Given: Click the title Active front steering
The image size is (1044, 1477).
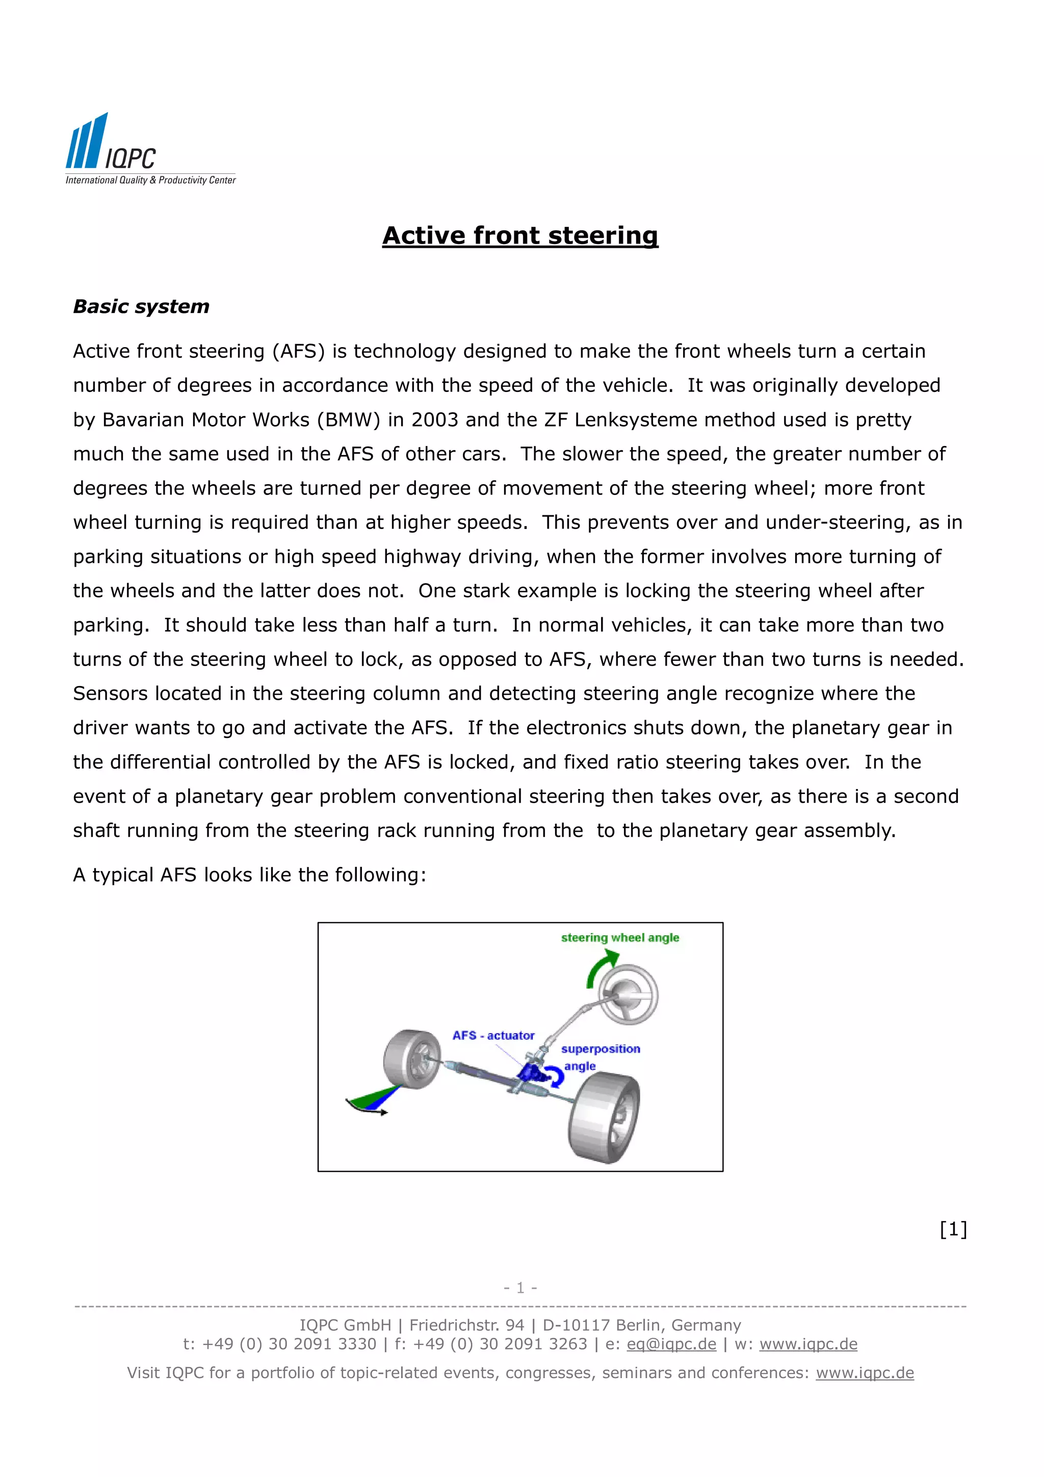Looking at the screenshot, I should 520,235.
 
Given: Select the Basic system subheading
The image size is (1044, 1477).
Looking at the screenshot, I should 141,306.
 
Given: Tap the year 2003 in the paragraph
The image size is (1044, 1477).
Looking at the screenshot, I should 435,419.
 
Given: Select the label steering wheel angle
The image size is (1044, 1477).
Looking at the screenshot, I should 619,938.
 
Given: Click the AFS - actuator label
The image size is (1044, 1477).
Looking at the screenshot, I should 493,1036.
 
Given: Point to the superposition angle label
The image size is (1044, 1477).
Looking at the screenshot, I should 599,1057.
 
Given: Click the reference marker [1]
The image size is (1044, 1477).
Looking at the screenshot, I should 953,1229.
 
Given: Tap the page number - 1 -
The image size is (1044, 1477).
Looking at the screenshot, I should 520,1287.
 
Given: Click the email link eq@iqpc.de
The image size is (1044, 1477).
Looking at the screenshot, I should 671,1344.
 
